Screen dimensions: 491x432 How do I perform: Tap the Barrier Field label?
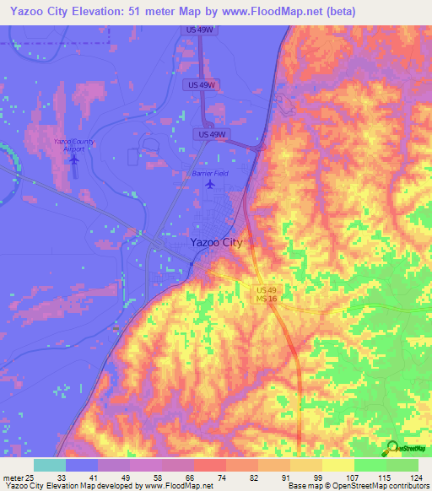coord(210,174)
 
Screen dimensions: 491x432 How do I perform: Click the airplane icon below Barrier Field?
coord(210,185)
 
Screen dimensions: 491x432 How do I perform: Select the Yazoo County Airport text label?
coord(73,143)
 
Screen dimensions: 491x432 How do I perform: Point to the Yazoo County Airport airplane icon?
coord(74,158)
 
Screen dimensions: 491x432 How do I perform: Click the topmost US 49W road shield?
coord(199,30)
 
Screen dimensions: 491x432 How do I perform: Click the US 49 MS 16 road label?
coord(267,294)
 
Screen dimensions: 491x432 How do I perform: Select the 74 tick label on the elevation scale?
coord(209,478)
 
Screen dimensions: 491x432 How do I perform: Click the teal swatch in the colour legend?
coord(50,465)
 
